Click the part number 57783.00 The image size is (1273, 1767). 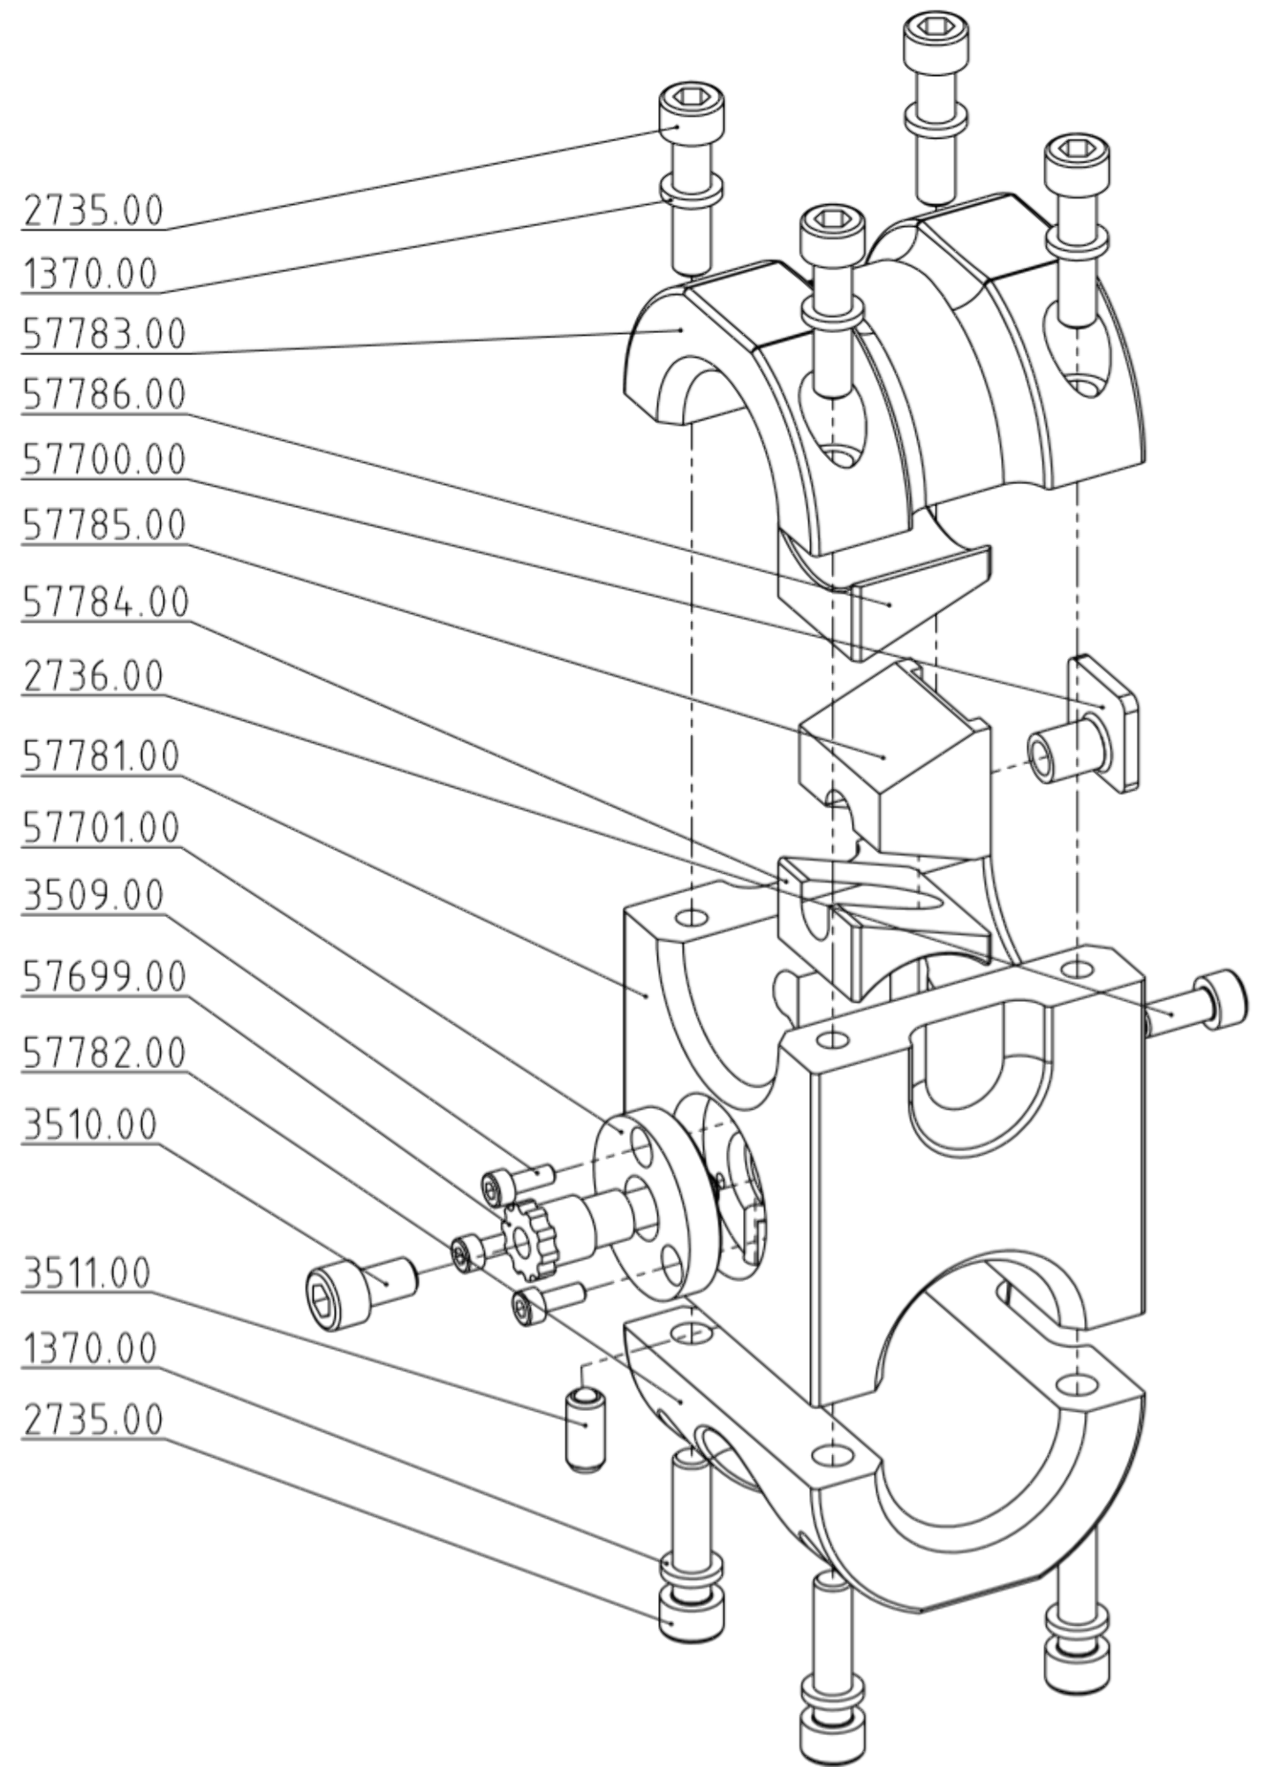104,335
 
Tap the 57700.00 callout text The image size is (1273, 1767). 104,459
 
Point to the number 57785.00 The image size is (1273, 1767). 104,525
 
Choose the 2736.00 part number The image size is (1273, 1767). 93,676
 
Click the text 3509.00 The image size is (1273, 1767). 93,895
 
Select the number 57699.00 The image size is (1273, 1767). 104,977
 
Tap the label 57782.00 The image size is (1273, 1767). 104,1052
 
